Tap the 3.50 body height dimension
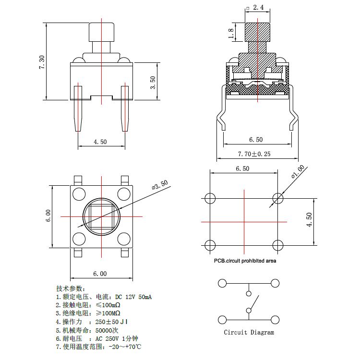(x=153, y=83)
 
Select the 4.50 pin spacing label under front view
(x=100, y=142)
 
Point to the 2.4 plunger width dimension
(x=258, y=7)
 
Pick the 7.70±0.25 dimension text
(x=254, y=154)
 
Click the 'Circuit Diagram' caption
(x=249, y=332)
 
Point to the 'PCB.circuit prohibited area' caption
(x=245, y=261)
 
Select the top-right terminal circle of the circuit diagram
(x=275, y=283)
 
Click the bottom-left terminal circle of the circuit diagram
(x=222, y=320)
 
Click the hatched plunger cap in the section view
(x=258, y=32)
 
